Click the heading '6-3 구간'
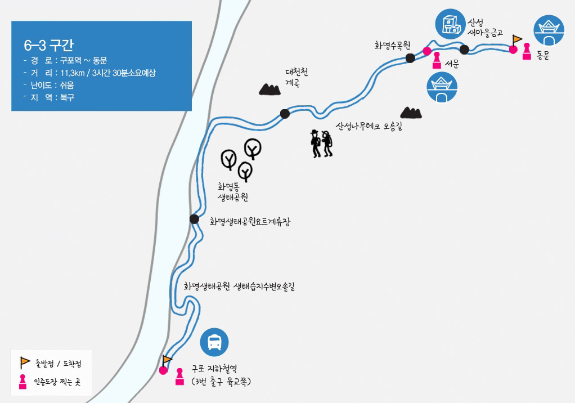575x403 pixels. coord(49,45)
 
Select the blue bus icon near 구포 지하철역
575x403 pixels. coord(214,342)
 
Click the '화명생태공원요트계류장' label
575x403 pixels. coord(250,222)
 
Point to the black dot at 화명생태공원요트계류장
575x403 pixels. coord(194,219)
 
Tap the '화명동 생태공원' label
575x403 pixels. coord(233,191)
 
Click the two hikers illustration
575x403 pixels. coord(322,144)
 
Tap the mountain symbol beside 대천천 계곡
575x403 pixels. coord(269,89)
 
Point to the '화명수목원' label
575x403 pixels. coord(392,45)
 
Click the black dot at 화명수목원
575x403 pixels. coord(410,57)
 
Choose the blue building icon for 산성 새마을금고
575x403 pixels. coord(450,24)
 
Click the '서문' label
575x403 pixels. coord(452,64)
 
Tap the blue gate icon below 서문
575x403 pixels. coord(442,88)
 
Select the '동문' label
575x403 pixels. coord(542,55)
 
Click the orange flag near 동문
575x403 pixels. coord(517,40)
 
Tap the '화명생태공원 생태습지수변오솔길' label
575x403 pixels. coord(239,286)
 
